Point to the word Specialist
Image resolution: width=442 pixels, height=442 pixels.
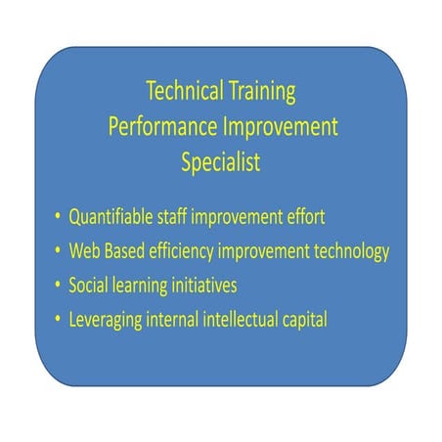[x=221, y=163]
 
